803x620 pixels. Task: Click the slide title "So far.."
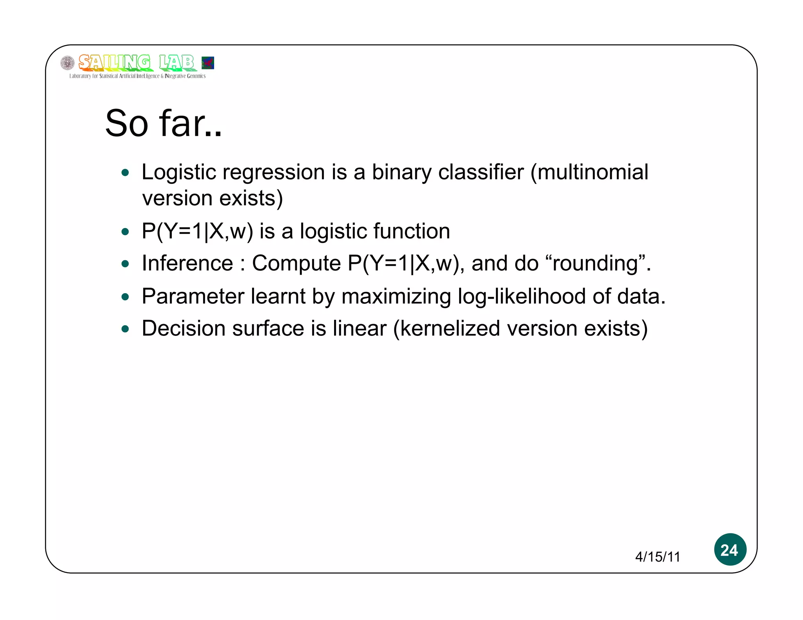[x=163, y=123]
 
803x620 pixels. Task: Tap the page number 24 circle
[x=730, y=549]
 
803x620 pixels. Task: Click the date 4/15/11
[x=658, y=557]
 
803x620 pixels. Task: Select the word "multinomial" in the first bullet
[x=592, y=172]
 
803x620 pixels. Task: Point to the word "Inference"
[x=187, y=263]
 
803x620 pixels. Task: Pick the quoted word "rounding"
[x=596, y=263]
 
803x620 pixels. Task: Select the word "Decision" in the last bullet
[x=183, y=328]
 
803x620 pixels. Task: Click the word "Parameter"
[x=193, y=296]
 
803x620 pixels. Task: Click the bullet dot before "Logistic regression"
[x=125, y=173]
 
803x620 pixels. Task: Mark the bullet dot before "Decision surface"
[x=125, y=329]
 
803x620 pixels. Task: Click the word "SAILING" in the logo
[x=114, y=63]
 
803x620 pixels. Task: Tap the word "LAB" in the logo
[x=176, y=63]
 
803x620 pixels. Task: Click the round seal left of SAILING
[x=67, y=63]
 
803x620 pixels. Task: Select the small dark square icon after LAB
[x=207, y=63]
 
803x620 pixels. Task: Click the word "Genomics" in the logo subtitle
[x=196, y=76]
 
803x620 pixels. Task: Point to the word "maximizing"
[x=396, y=296]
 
